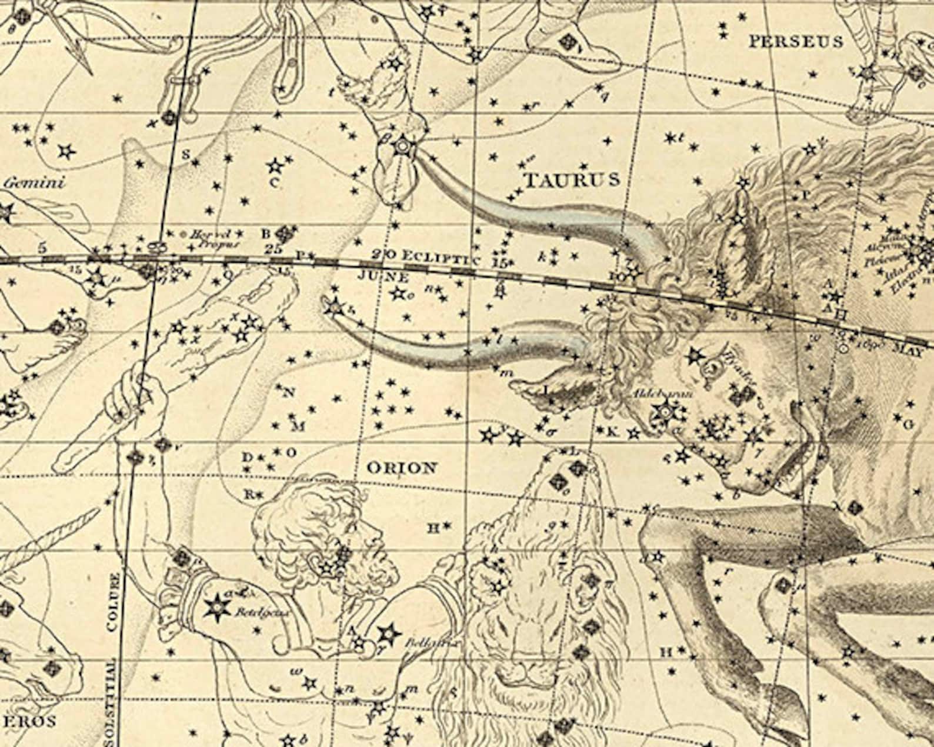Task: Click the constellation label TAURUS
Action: coord(571,179)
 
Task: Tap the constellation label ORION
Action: coord(402,468)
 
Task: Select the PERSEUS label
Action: coord(795,41)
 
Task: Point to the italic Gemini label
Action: coord(34,182)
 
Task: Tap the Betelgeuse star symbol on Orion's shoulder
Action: coord(216,605)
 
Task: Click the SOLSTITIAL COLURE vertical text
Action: coord(113,659)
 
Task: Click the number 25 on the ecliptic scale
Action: coord(273,248)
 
